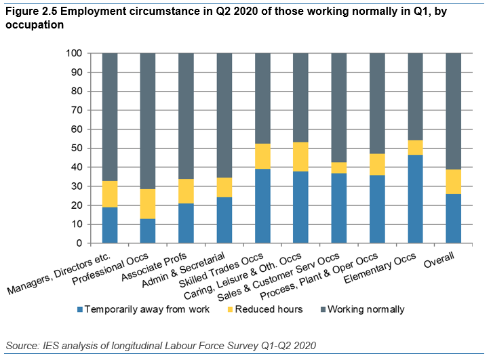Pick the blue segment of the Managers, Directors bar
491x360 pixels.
click(x=110, y=224)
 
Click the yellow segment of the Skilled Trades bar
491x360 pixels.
click(x=262, y=156)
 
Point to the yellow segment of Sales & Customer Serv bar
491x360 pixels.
click(x=339, y=167)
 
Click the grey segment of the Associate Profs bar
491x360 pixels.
click(x=186, y=116)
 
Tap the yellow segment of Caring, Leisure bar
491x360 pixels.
click(x=301, y=157)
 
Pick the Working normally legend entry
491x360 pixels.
click(x=365, y=309)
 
